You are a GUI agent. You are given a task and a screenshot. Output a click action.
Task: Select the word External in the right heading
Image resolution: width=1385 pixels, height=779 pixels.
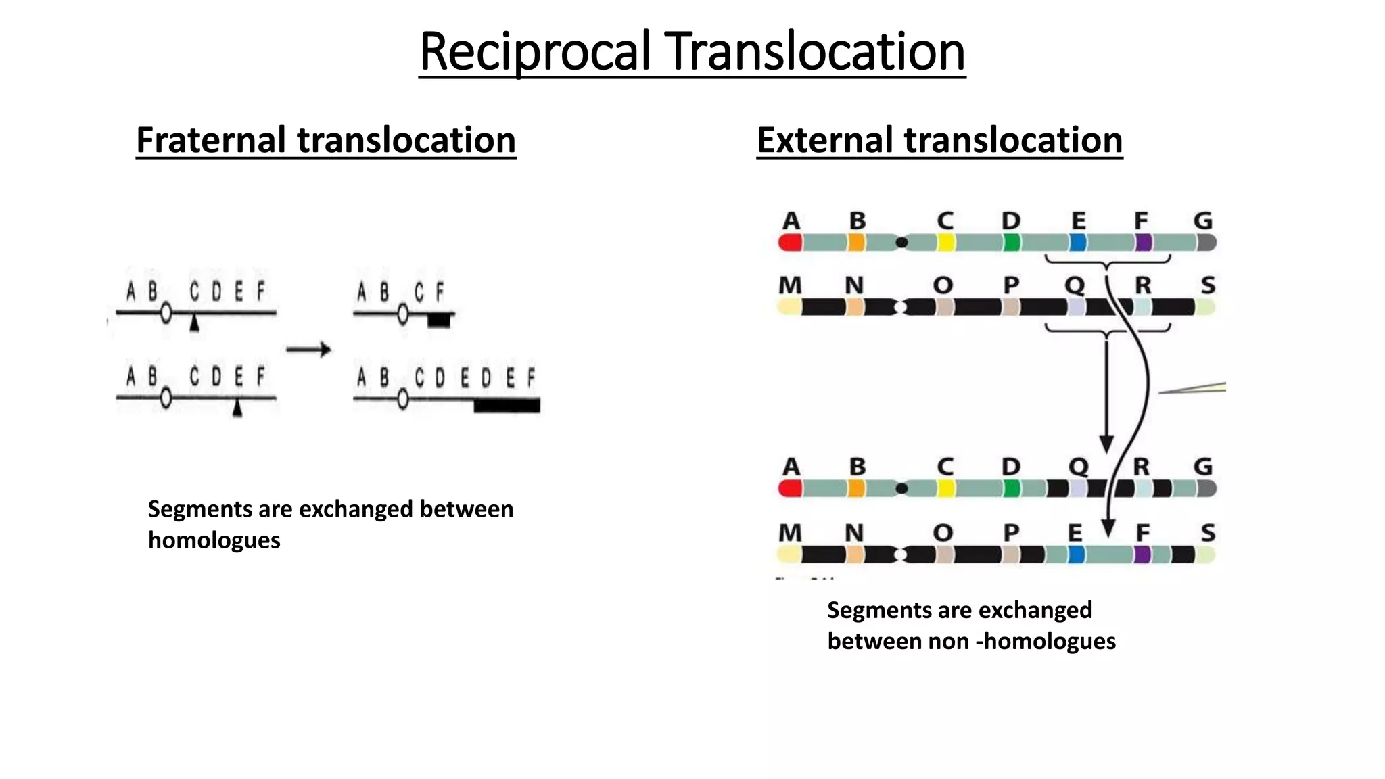(x=826, y=140)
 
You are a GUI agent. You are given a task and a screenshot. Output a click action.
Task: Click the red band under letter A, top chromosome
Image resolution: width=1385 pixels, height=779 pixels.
(x=790, y=243)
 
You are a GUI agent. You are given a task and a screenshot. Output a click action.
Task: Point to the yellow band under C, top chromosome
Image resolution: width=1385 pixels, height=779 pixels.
(x=945, y=243)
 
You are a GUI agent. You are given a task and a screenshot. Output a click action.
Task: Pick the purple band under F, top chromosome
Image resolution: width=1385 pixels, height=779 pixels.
(x=1143, y=243)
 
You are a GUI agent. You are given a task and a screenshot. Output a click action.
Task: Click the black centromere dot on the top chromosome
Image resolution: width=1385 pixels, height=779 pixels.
(x=901, y=242)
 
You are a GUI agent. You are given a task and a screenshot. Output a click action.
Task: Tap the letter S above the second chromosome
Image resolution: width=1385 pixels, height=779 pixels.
(x=1208, y=285)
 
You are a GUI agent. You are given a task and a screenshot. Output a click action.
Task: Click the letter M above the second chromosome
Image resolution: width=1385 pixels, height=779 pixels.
(x=790, y=285)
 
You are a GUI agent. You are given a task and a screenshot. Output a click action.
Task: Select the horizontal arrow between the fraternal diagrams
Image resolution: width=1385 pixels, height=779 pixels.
(x=308, y=350)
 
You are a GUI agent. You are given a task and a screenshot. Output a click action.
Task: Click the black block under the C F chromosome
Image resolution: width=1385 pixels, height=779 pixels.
(x=440, y=321)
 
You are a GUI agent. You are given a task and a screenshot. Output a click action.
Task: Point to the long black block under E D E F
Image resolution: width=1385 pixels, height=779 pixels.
(x=507, y=406)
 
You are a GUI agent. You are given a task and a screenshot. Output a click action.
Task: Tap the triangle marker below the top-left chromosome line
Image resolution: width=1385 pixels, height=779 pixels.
(x=195, y=325)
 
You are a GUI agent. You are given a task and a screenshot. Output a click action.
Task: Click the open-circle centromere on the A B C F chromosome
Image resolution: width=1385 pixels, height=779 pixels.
(x=403, y=314)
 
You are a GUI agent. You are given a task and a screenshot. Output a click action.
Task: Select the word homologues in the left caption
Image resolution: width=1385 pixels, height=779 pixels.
(x=214, y=540)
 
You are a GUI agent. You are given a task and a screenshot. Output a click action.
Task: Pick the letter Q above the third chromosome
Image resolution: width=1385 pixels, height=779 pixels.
(x=1077, y=467)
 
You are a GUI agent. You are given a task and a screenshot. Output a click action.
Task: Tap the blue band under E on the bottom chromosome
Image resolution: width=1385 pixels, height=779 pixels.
(x=1076, y=555)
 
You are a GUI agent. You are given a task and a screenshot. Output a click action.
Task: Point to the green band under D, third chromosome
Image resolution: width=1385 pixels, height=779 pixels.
(x=1011, y=488)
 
